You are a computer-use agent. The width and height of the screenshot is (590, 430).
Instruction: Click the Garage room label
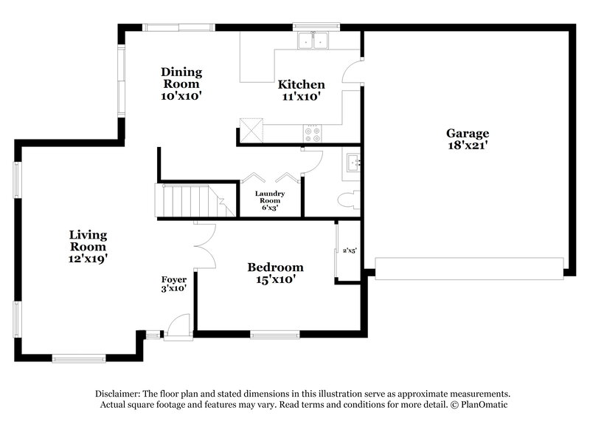tap(467, 140)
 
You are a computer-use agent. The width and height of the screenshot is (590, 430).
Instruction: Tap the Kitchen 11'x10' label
tap(301, 90)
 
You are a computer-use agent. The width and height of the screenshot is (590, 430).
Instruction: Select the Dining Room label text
tap(181, 83)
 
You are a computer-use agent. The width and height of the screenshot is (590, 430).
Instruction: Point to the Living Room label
tap(88, 247)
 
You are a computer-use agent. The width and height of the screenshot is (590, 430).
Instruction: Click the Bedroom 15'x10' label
tap(275, 273)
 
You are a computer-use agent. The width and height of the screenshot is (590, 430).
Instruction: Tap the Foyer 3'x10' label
tap(174, 284)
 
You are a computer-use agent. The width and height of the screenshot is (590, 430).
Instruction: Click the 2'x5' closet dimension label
tap(350, 251)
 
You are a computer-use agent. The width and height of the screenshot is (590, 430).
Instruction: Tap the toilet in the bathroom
tap(350, 199)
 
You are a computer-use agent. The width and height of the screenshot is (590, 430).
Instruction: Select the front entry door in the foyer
tap(178, 327)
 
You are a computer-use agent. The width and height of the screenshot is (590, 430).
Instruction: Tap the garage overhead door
tap(469, 267)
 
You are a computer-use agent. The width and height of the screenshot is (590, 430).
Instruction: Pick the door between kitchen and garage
tap(353, 71)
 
